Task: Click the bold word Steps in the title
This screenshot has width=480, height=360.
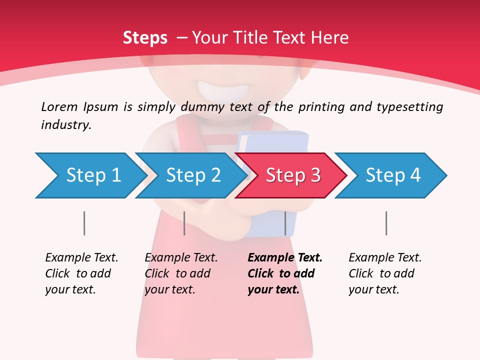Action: (x=145, y=38)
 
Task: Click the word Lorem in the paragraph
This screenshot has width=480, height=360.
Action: (x=59, y=107)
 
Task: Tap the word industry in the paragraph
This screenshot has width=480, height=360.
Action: (x=65, y=125)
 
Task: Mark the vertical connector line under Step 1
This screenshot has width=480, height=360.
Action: (x=84, y=223)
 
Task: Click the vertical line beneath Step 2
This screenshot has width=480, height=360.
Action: (x=184, y=223)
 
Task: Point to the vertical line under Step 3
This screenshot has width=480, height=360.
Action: (x=285, y=223)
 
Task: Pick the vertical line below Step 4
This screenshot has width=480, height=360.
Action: (x=386, y=223)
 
